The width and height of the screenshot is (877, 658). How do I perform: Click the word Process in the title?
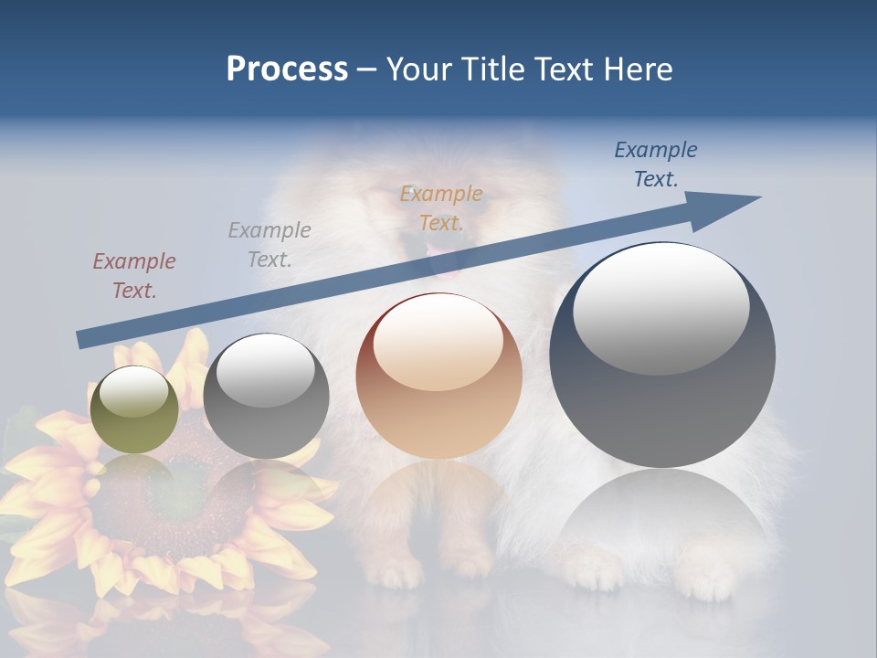click(287, 69)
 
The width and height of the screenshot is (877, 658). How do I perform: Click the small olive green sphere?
click(134, 409)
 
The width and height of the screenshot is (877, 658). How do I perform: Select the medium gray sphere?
click(266, 397)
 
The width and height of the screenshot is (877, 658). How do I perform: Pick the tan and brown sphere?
click(438, 376)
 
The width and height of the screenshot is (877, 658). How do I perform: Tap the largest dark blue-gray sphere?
click(662, 355)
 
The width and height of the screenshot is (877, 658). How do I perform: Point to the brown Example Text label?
click(133, 275)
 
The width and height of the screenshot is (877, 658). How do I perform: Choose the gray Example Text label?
click(269, 244)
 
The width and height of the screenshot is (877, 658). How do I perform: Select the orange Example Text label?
click(441, 207)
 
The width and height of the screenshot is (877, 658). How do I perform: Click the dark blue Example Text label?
click(656, 164)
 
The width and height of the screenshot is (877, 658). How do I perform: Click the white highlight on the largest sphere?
click(660, 306)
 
